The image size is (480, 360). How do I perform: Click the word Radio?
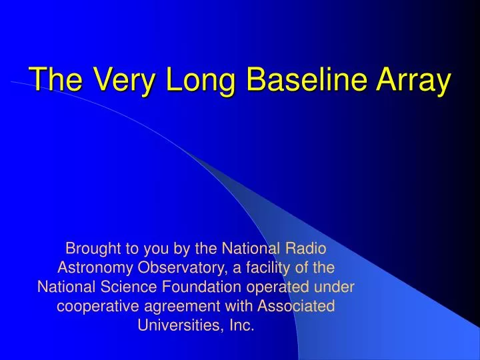tap(307, 249)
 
